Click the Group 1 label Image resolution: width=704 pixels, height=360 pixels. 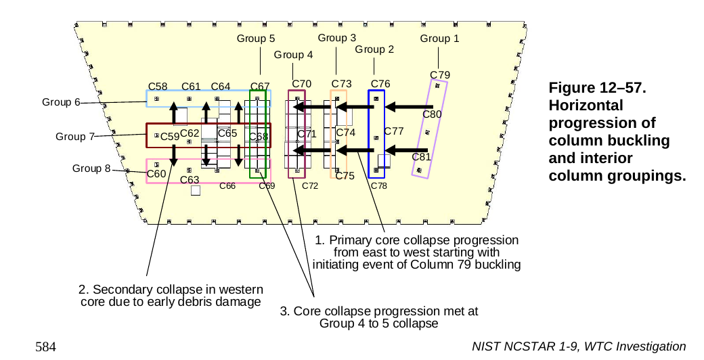tap(439, 39)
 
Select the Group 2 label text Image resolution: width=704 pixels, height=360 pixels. tap(374, 49)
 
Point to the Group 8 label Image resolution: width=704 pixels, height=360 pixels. tap(91, 168)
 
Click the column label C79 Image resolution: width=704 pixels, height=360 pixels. tap(440, 74)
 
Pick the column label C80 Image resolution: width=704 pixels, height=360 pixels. tap(432, 114)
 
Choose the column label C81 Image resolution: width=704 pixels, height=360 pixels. tap(421, 157)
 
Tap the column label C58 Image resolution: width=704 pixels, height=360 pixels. tap(158, 86)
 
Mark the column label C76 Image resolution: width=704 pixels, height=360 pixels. tap(380, 84)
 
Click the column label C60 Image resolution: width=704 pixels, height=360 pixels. tap(156, 174)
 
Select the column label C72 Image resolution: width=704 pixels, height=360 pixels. tap(310, 185)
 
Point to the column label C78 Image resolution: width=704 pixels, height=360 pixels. tap(378, 185)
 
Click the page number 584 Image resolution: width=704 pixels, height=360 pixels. tap(45, 346)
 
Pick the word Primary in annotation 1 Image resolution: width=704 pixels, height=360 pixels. tap(350, 241)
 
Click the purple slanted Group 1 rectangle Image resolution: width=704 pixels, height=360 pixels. tap(430, 129)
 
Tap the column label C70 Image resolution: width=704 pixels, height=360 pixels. tap(301, 84)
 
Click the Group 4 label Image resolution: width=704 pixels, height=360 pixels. tap(293, 55)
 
